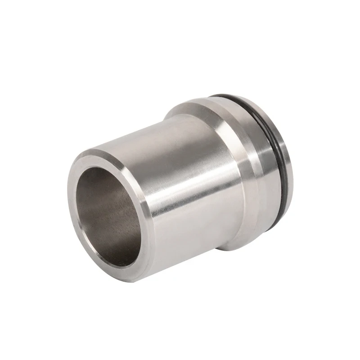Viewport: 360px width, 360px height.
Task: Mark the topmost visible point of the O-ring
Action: pos(225,95)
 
